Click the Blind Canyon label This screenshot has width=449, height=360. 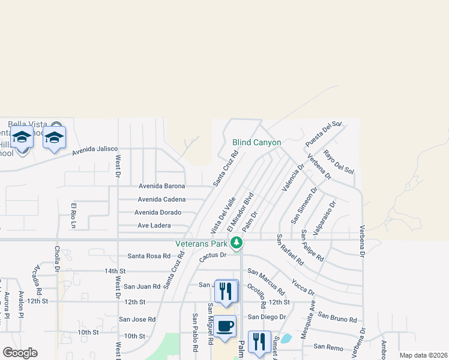(256, 142)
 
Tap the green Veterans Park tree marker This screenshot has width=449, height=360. (237, 242)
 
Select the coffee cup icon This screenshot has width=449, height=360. (226, 326)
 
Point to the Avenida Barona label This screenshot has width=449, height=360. (161, 186)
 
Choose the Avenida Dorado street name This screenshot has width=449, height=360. (158, 212)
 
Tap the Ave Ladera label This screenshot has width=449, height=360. (154, 226)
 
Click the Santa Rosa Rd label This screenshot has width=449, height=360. (149, 256)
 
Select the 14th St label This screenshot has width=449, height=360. (115, 271)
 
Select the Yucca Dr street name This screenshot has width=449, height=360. (303, 286)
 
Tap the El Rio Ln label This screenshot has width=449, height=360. (74, 216)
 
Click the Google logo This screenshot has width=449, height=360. (20, 353)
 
